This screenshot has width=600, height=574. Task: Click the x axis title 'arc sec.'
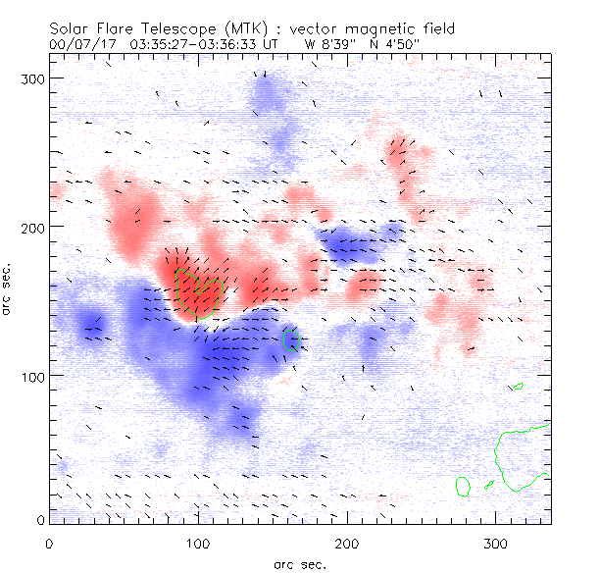click(299, 563)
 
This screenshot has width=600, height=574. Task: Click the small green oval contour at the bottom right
click(464, 485)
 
